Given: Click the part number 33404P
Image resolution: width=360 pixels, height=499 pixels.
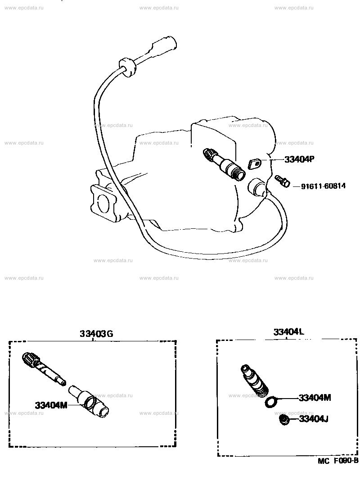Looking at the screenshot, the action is (x=299, y=159).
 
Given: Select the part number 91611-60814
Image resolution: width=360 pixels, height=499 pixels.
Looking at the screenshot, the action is (x=323, y=186).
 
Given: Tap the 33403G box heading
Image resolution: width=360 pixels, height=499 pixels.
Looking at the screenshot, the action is (x=96, y=334).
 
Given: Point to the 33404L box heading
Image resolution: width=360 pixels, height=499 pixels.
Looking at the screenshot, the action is (x=289, y=332).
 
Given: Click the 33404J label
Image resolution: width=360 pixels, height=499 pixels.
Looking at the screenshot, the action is (x=314, y=419).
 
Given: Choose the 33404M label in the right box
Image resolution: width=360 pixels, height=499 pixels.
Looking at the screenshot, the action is (x=315, y=398).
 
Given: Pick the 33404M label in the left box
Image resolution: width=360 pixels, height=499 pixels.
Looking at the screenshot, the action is (x=51, y=405).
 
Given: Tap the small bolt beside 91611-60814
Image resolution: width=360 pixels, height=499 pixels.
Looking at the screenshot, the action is (x=283, y=181).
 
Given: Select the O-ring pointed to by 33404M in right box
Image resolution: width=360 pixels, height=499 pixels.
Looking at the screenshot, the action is (x=271, y=402).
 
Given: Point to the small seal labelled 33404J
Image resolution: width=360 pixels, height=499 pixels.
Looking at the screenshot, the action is (x=283, y=420).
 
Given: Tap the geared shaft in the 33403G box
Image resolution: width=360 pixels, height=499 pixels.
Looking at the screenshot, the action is (x=44, y=368).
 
